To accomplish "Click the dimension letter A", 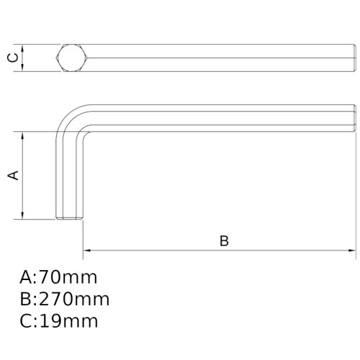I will [x=12, y=175].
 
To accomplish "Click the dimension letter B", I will [x=224, y=241].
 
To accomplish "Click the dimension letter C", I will [x=12, y=58].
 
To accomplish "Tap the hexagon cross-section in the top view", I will [x=72, y=58].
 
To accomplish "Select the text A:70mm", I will [x=58, y=277].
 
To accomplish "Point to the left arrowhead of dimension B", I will [x=86, y=251].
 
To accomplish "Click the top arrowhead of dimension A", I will [x=24, y=135].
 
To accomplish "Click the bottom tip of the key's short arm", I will [x=71, y=218].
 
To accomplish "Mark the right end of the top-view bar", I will [x=355, y=58].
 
